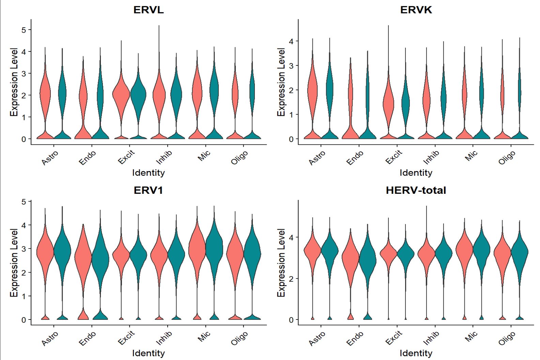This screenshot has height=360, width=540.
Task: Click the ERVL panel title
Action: (x=149, y=10)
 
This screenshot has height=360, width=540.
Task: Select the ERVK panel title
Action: (x=416, y=10)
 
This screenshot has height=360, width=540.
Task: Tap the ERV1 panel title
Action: (x=149, y=190)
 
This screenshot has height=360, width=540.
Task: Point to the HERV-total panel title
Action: (x=416, y=190)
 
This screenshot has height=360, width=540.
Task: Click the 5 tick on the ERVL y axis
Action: (x=24, y=30)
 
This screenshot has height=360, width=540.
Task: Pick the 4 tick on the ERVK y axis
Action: (x=291, y=41)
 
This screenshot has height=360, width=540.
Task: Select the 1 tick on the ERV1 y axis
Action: (x=24, y=296)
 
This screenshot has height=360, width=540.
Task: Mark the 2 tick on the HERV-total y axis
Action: (x=291, y=279)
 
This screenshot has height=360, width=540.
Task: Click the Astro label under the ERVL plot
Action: (x=50, y=158)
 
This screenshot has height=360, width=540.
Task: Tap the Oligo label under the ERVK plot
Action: (x=507, y=158)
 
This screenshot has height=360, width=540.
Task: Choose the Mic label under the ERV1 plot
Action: (x=204, y=337)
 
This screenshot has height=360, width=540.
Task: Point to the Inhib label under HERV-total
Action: (x=431, y=338)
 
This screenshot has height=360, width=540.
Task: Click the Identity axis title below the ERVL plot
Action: (x=149, y=173)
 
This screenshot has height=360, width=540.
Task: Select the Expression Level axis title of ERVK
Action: (x=281, y=82)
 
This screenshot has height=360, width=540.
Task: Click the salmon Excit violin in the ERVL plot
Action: (x=121, y=95)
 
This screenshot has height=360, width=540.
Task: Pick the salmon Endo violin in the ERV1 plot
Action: (x=83, y=259)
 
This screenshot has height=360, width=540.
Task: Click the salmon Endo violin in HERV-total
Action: (x=351, y=261)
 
